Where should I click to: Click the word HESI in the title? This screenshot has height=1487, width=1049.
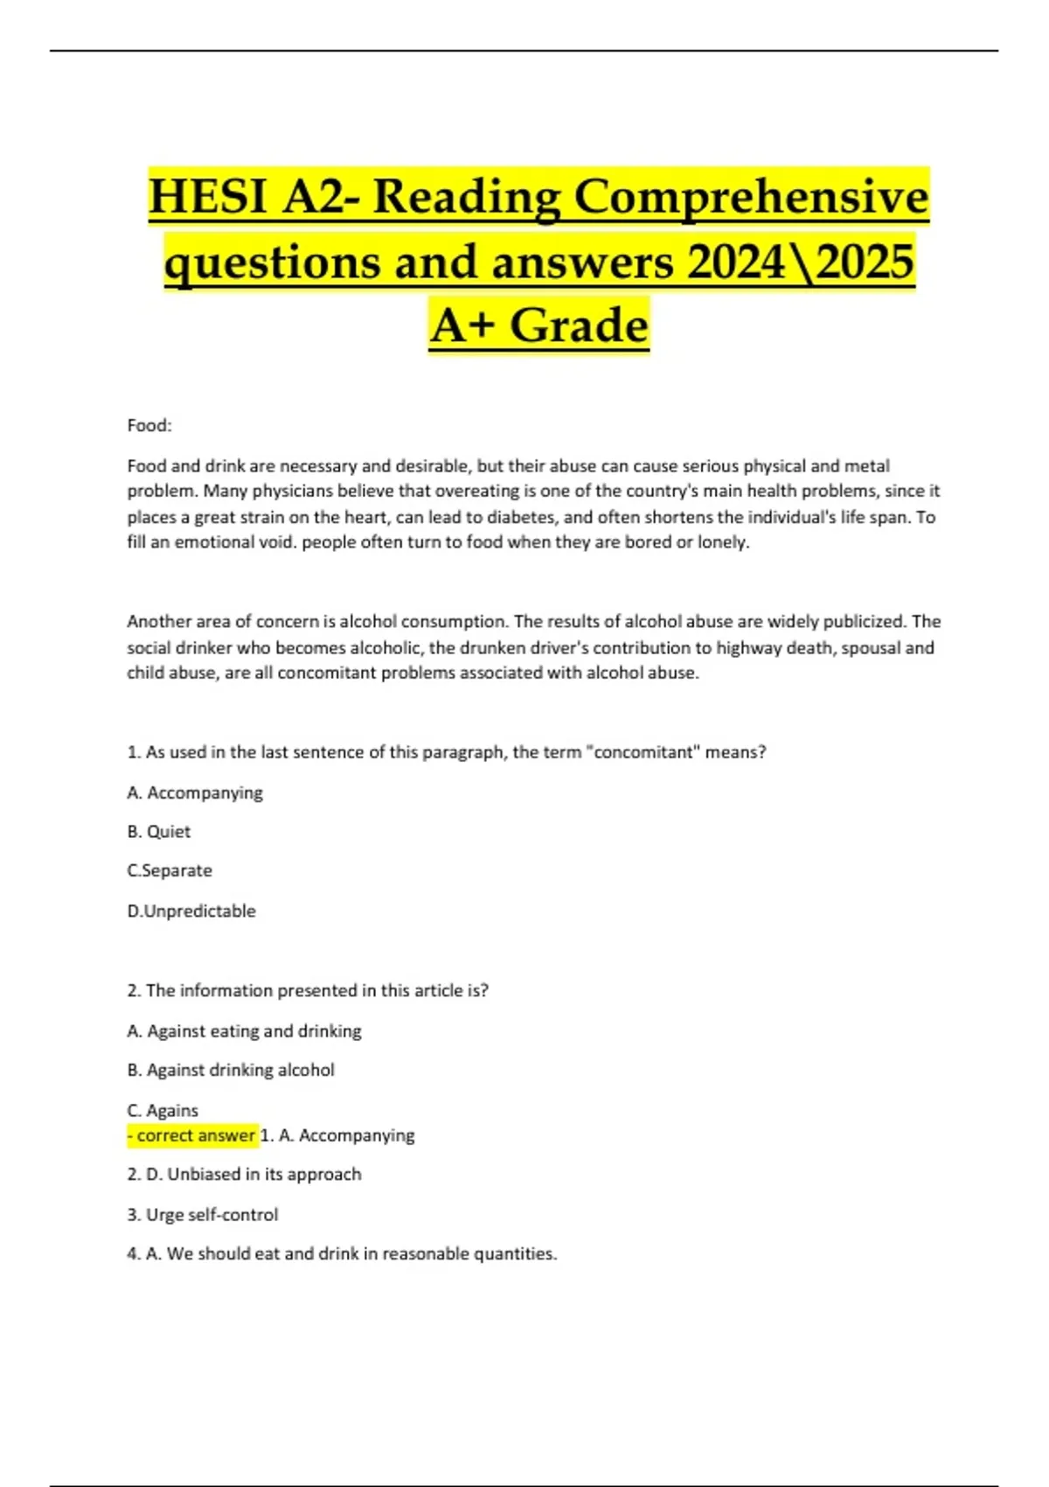coord(208,197)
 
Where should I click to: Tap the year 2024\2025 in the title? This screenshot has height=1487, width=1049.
coord(801,262)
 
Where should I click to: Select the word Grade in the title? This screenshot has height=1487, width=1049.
coord(579,326)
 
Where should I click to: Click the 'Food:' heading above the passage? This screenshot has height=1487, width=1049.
coord(149,426)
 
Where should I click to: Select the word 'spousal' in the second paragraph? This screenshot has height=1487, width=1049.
coord(870,647)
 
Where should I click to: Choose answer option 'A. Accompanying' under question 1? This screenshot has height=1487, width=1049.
coord(195,792)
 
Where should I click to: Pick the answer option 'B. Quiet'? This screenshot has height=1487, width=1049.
coord(159,832)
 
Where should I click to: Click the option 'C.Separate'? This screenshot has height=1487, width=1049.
coord(170,870)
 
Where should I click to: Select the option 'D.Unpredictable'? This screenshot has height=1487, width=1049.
coord(191,911)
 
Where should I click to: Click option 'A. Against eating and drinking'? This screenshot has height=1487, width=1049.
coord(244,1031)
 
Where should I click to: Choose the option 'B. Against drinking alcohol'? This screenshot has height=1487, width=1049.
coord(231,1070)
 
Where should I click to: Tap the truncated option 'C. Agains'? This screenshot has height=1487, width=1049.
coord(163,1110)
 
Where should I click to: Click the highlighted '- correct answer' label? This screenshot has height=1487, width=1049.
coord(192,1135)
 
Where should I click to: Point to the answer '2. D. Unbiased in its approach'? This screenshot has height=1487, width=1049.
coord(244,1174)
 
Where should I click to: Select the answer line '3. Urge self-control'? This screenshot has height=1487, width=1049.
coord(203,1214)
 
